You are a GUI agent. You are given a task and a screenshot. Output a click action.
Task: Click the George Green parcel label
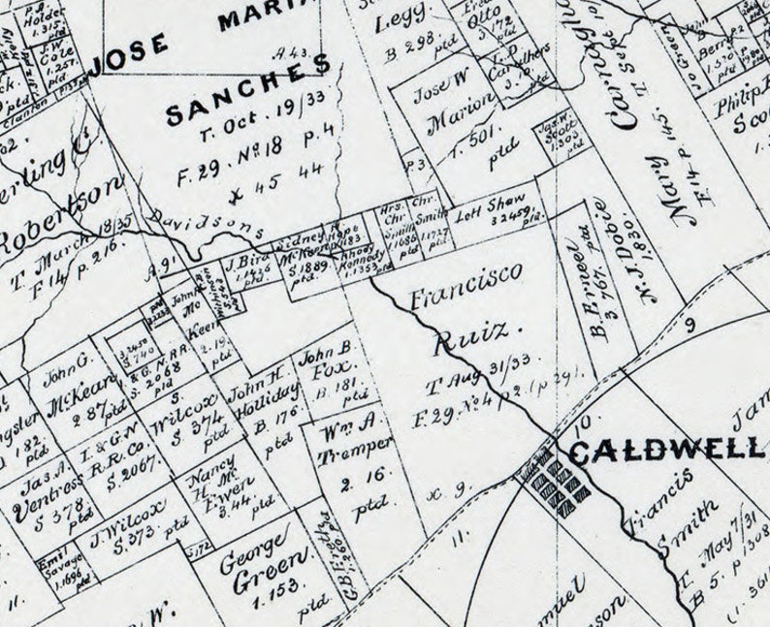click(255, 558)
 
